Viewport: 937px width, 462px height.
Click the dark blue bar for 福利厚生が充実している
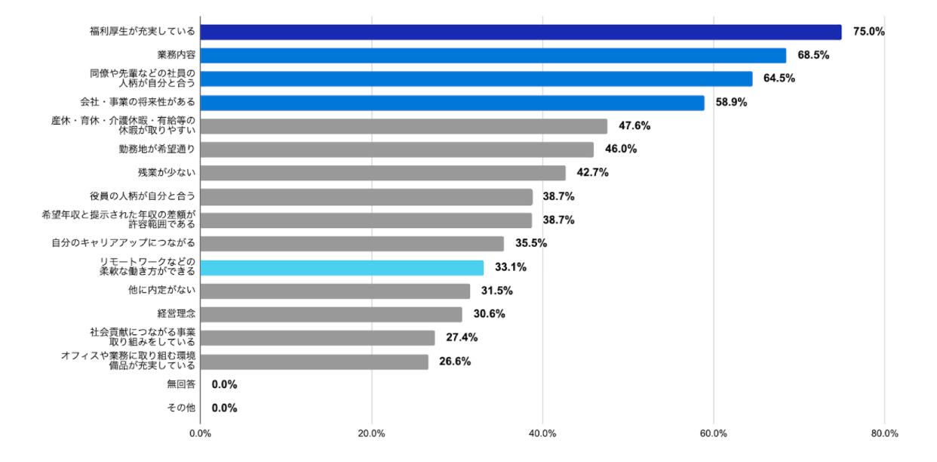521,32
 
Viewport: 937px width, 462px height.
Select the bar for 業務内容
493,56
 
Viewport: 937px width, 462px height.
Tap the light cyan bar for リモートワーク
343,267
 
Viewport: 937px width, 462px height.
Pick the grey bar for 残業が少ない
383,173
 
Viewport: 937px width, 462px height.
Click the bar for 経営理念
332,314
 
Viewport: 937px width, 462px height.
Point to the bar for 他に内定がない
336,291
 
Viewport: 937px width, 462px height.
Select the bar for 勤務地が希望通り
398,149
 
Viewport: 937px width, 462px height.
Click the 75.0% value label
868,32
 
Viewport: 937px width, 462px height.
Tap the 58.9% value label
731,103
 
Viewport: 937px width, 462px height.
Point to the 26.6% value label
455,362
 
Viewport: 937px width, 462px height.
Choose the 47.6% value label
634,126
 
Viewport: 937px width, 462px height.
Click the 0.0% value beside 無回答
225,385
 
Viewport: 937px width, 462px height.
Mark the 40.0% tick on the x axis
542,434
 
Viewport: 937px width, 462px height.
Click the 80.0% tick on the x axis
884,434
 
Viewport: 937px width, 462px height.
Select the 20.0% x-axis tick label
371,434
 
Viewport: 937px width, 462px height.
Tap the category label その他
181,408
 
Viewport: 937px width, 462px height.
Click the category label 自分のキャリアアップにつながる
124,244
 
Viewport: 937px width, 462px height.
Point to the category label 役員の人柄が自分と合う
143,196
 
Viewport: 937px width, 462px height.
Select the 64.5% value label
779,79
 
